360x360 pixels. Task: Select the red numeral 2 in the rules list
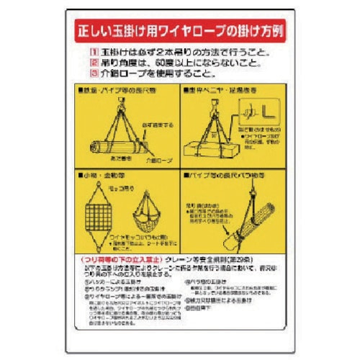tap(93, 63)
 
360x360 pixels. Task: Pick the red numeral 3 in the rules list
tap(93, 73)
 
